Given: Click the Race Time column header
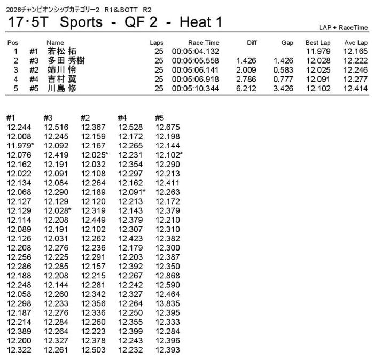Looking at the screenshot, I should click(x=204, y=43).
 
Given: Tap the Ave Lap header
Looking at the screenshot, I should click(x=355, y=43).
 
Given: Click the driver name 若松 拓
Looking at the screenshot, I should click(x=61, y=52).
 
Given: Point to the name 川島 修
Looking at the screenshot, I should click(x=61, y=88).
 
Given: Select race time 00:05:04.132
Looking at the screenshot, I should click(x=196, y=52).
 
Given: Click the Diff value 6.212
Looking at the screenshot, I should click(x=246, y=88).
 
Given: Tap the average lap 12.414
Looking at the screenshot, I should click(x=355, y=88).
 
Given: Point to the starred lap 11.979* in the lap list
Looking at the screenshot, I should click(x=20, y=146).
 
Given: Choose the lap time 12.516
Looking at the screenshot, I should click(x=56, y=127).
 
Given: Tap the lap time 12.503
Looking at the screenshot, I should click(x=93, y=350).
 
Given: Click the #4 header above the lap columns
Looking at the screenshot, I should click(x=123, y=118).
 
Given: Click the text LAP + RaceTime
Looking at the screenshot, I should click(x=342, y=27).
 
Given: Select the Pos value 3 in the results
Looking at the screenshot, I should click(x=16, y=70).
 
